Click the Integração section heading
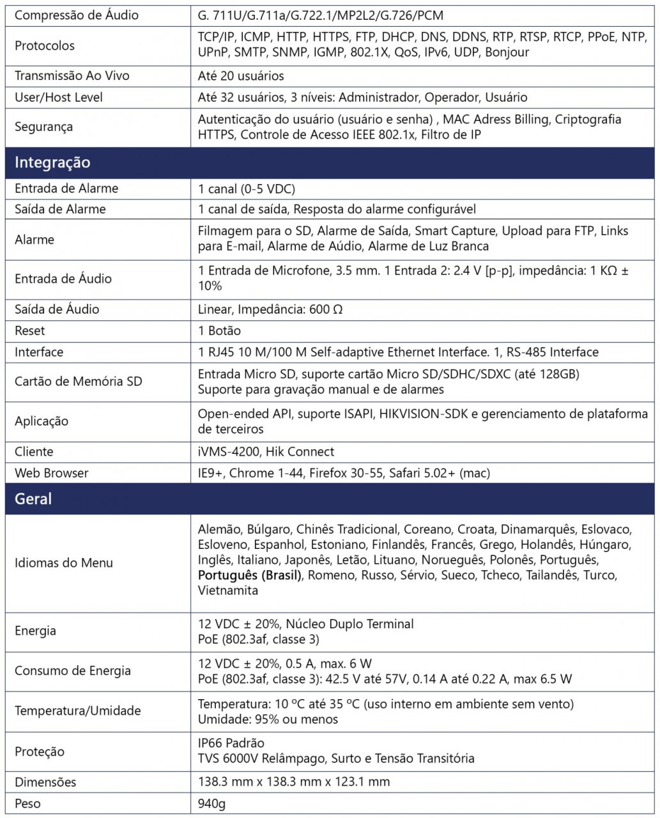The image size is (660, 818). (x=52, y=162)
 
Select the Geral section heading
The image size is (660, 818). (x=33, y=498)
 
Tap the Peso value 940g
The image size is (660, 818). (x=211, y=803)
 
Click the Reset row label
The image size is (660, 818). (x=30, y=330)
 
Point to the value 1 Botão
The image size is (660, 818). (x=219, y=330)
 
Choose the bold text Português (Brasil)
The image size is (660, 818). (x=249, y=575)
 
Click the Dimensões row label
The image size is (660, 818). (x=45, y=782)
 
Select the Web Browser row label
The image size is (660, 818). (x=52, y=473)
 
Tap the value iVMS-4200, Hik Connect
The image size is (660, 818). (x=266, y=452)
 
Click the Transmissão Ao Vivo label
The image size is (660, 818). (x=72, y=75)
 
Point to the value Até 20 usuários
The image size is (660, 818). (x=241, y=75)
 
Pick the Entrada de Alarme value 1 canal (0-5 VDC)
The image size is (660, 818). (x=247, y=189)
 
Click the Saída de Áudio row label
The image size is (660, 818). (x=57, y=309)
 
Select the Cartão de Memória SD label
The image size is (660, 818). (x=79, y=382)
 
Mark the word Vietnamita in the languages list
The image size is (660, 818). (x=228, y=590)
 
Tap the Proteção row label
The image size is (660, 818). (x=40, y=752)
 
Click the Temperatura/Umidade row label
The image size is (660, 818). (x=78, y=711)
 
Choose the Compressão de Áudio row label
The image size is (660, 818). (x=77, y=15)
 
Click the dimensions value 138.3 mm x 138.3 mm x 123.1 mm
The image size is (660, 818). (x=294, y=782)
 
